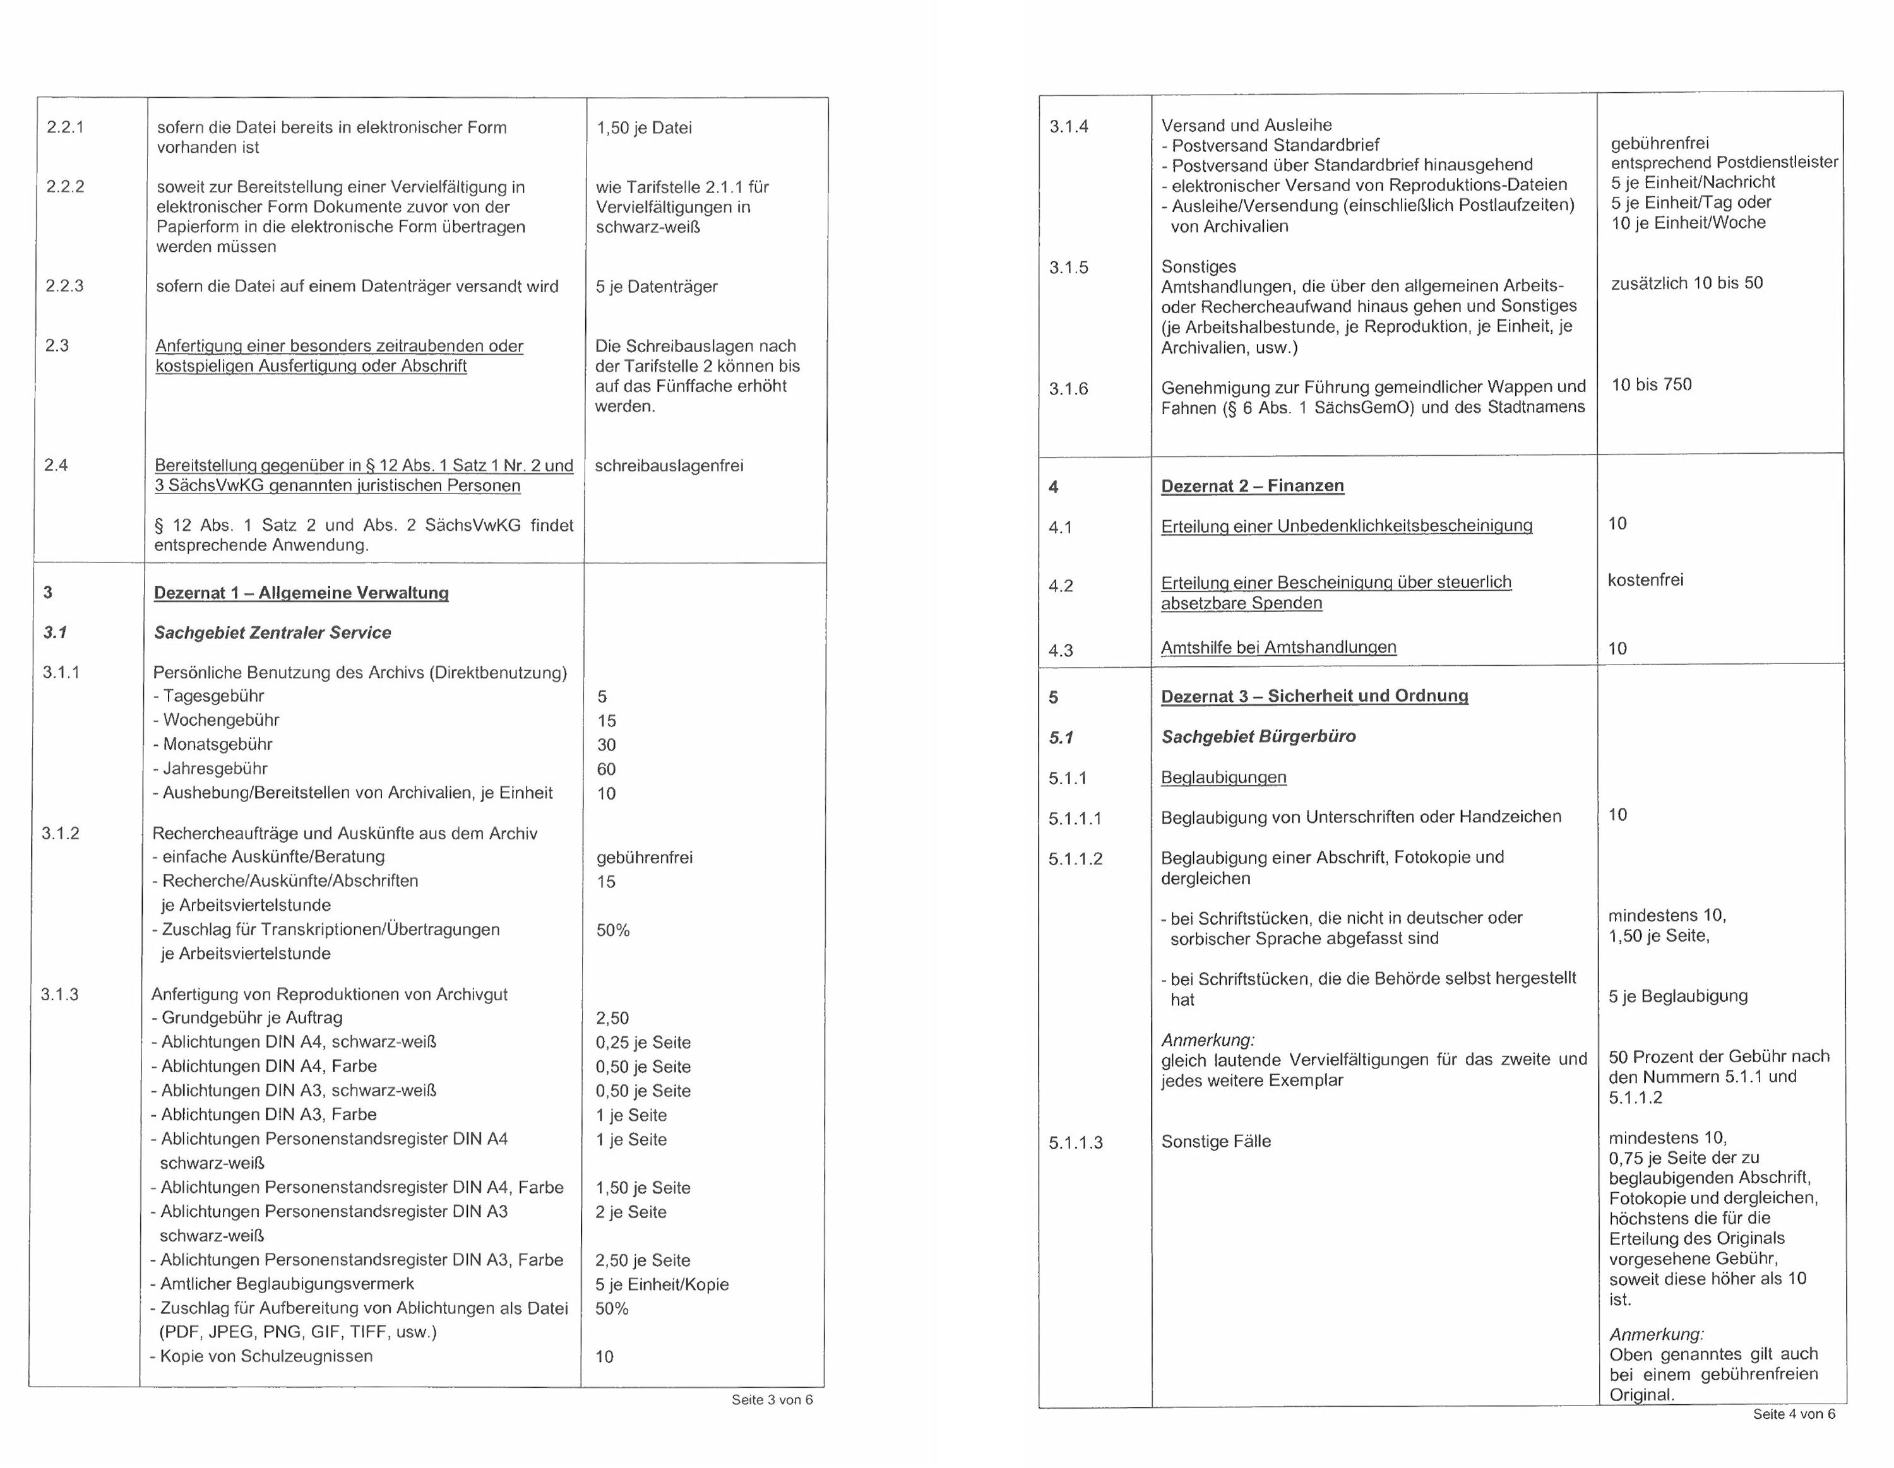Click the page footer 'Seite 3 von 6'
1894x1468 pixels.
pyautogui.click(x=772, y=1399)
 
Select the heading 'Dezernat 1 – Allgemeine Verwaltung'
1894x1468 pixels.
pyautogui.click(x=301, y=593)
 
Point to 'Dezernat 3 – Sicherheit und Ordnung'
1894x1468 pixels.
pyautogui.click(x=1314, y=696)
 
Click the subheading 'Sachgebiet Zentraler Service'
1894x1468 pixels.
pyautogui.click(x=272, y=633)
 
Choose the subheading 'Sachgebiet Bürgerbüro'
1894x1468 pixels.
pyautogui.click(x=1258, y=737)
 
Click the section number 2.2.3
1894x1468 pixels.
pyautogui.click(x=65, y=286)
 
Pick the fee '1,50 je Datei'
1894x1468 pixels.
pyautogui.click(x=643, y=128)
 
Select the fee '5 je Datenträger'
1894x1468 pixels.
pyautogui.click(x=657, y=287)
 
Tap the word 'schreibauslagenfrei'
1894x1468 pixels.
pyautogui.click(x=669, y=466)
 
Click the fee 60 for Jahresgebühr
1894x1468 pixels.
pyautogui.click(x=606, y=769)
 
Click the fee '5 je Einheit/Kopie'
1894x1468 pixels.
pyautogui.click(x=662, y=1284)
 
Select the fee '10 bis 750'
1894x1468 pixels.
pyautogui.click(x=1651, y=385)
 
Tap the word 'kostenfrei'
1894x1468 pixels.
pyautogui.click(x=1645, y=580)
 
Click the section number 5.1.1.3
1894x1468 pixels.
pyautogui.click(x=1075, y=1143)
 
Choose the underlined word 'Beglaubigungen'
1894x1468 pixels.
pyautogui.click(x=1223, y=778)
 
